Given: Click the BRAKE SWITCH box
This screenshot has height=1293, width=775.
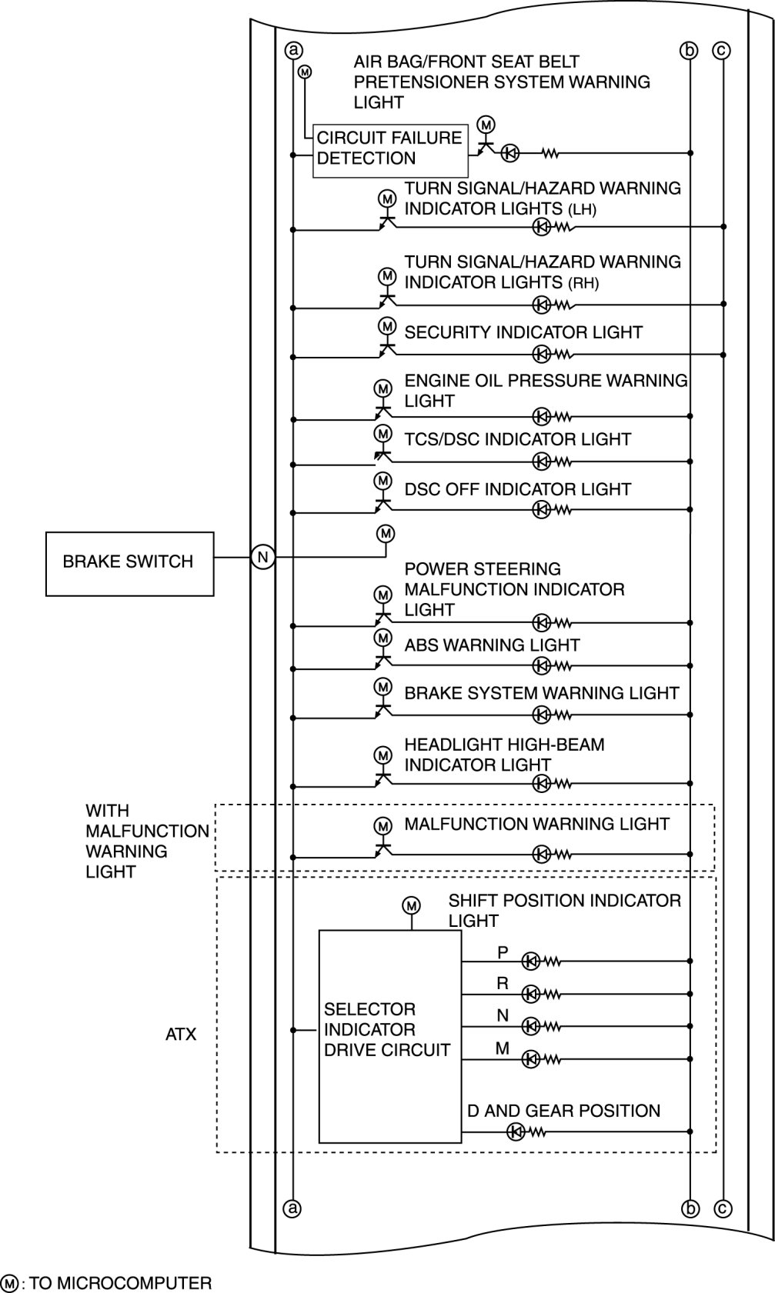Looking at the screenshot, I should tap(129, 563).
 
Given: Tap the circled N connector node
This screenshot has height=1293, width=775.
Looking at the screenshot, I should tap(262, 557).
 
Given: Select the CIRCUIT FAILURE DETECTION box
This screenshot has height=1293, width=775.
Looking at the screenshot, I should tap(390, 150).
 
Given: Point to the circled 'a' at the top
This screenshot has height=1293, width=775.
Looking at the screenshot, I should tap(292, 50).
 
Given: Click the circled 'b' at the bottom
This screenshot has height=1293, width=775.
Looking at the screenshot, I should tap(690, 1208).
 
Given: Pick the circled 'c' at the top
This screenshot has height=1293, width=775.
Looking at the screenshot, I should tap(722, 50).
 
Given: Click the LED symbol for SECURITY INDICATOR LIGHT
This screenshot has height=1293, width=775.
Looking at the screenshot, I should tap(541, 354).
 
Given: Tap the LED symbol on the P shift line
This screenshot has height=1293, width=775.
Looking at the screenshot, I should tap(530, 961).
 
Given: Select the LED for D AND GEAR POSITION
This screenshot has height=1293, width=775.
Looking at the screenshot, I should tap(515, 1131).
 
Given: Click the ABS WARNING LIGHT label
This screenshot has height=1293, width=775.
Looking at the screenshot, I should tap(492, 645).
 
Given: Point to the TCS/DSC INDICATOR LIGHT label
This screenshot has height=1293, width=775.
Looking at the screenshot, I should tap(517, 439).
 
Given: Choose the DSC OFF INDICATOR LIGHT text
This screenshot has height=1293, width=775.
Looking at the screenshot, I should tap(517, 489).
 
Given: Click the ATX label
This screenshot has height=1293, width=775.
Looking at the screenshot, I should tap(181, 1035).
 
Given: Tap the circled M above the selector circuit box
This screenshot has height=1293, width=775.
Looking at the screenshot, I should tap(411, 905).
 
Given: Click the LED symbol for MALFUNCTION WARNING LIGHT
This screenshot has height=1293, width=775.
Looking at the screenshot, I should tap(541, 854).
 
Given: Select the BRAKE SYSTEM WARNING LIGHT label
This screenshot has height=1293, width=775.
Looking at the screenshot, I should tap(541, 693).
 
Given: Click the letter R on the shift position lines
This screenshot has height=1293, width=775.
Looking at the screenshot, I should tap(503, 983).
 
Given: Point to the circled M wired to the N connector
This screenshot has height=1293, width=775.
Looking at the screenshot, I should tap(386, 533).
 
